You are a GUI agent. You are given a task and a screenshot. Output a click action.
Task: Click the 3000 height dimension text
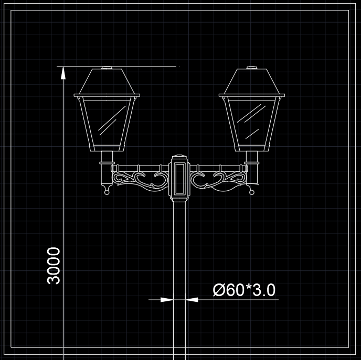(x=54, y=266)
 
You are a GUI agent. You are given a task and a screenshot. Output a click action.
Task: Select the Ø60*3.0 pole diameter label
(x=245, y=290)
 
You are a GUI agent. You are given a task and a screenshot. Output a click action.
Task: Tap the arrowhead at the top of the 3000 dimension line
(x=63, y=73)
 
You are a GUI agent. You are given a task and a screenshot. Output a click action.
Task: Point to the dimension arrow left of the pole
(x=167, y=300)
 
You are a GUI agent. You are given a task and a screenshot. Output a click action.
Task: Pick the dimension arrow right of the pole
(x=192, y=300)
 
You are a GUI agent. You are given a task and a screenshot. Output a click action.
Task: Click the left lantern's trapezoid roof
(x=107, y=81)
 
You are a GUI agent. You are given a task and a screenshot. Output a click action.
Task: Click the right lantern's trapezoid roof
(x=252, y=81)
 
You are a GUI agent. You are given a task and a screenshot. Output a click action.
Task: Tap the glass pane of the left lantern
(x=107, y=123)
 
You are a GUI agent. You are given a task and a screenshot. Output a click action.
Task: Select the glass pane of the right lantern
(x=252, y=123)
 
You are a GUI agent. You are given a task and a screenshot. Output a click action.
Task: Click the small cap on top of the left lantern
(x=107, y=68)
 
